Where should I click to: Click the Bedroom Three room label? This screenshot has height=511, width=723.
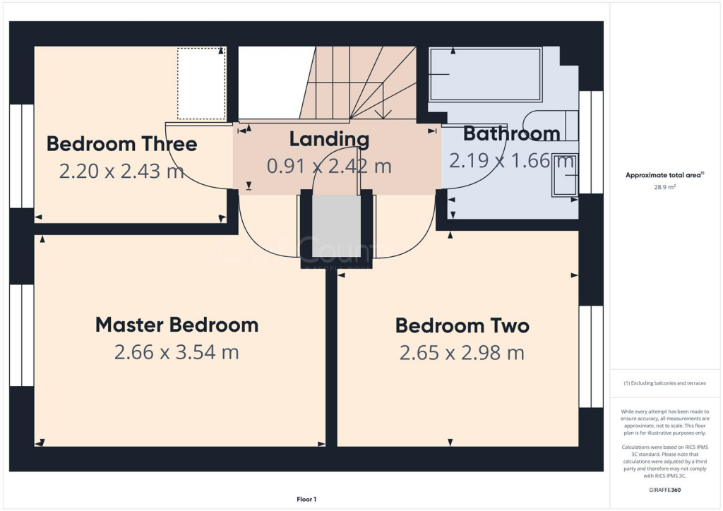[x=121, y=144]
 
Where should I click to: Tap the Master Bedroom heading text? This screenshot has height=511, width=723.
[x=177, y=325]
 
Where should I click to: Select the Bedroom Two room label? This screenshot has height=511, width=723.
[x=462, y=325]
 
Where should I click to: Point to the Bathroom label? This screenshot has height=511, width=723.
[x=511, y=133]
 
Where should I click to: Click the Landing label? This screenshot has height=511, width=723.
[x=329, y=139]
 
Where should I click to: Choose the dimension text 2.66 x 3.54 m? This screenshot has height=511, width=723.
[x=177, y=352]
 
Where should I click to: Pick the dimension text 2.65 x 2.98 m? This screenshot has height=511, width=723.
[x=462, y=353]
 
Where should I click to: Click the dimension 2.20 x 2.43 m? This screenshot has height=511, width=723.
[x=121, y=172]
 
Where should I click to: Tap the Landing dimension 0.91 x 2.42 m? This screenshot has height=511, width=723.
[x=329, y=167]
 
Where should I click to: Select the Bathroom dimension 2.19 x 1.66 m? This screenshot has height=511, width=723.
[x=511, y=161]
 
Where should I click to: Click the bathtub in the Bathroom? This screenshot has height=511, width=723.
[x=486, y=75]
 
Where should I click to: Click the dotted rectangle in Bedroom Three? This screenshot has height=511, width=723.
[x=201, y=83]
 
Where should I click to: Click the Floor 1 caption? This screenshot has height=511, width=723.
[x=306, y=500]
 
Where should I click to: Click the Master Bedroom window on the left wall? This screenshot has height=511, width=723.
[x=21, y=335]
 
